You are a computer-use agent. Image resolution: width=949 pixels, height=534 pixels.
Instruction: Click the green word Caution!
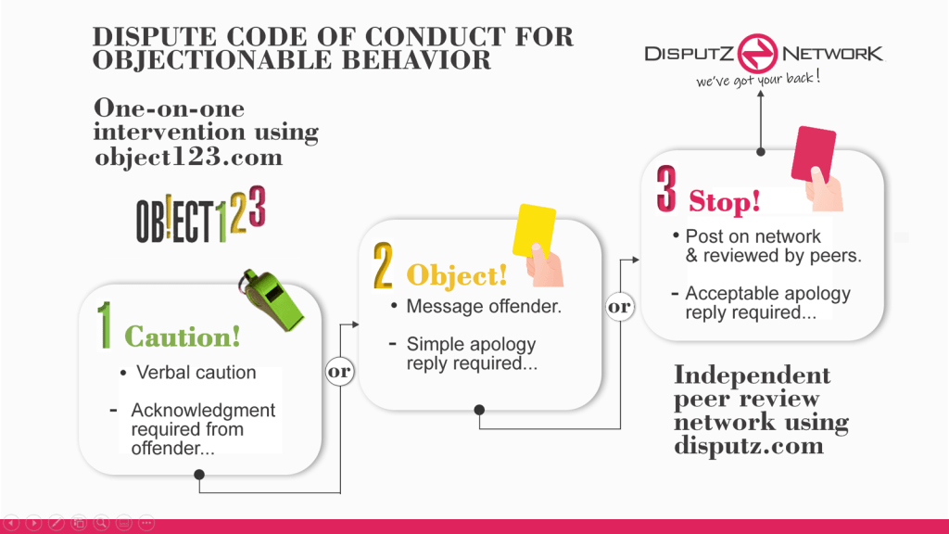coord(183,336)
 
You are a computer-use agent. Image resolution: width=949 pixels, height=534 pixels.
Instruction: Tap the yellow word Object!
coord(458,275)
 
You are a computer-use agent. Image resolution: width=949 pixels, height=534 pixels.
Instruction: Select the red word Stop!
coord(724,200)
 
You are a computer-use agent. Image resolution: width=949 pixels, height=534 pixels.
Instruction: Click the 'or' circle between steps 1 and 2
coord(339,372)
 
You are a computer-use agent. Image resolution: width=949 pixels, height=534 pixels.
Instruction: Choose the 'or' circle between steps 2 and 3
coord(619,307)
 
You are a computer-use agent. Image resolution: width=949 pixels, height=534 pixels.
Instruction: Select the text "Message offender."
coord(484,307)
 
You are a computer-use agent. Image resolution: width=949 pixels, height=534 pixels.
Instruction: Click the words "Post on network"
coord(753,235)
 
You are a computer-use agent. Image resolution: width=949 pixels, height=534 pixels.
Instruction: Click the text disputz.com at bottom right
coord(748,446)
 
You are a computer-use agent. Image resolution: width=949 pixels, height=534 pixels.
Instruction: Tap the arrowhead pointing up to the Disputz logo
coord(761,95)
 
